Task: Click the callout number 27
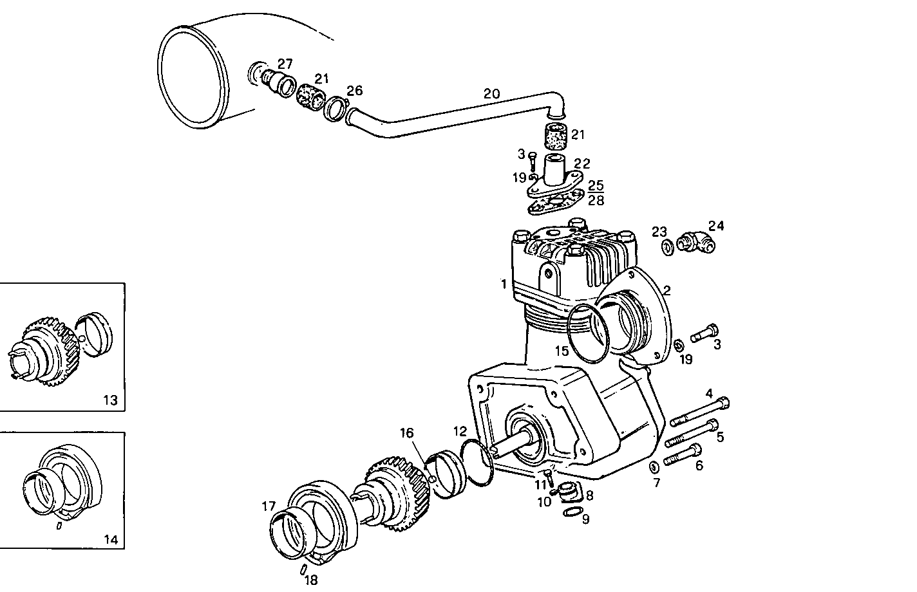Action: point(285,64)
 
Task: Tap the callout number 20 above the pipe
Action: point(491,94)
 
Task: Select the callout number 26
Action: point(355,89)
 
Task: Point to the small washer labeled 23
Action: point(668,246)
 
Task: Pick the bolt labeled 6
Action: point(681,455)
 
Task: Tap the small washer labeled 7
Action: point(653,466)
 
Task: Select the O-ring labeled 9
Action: point(570,512)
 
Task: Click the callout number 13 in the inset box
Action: point(110,400)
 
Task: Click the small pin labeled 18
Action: point(303,569)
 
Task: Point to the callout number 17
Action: point(269,506)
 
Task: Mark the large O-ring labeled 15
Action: point(589,333)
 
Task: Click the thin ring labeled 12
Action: point(477,460)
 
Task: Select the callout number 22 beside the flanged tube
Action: point(582,165)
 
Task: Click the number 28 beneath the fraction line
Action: point(596,199)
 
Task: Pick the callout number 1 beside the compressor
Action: point(504,284)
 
